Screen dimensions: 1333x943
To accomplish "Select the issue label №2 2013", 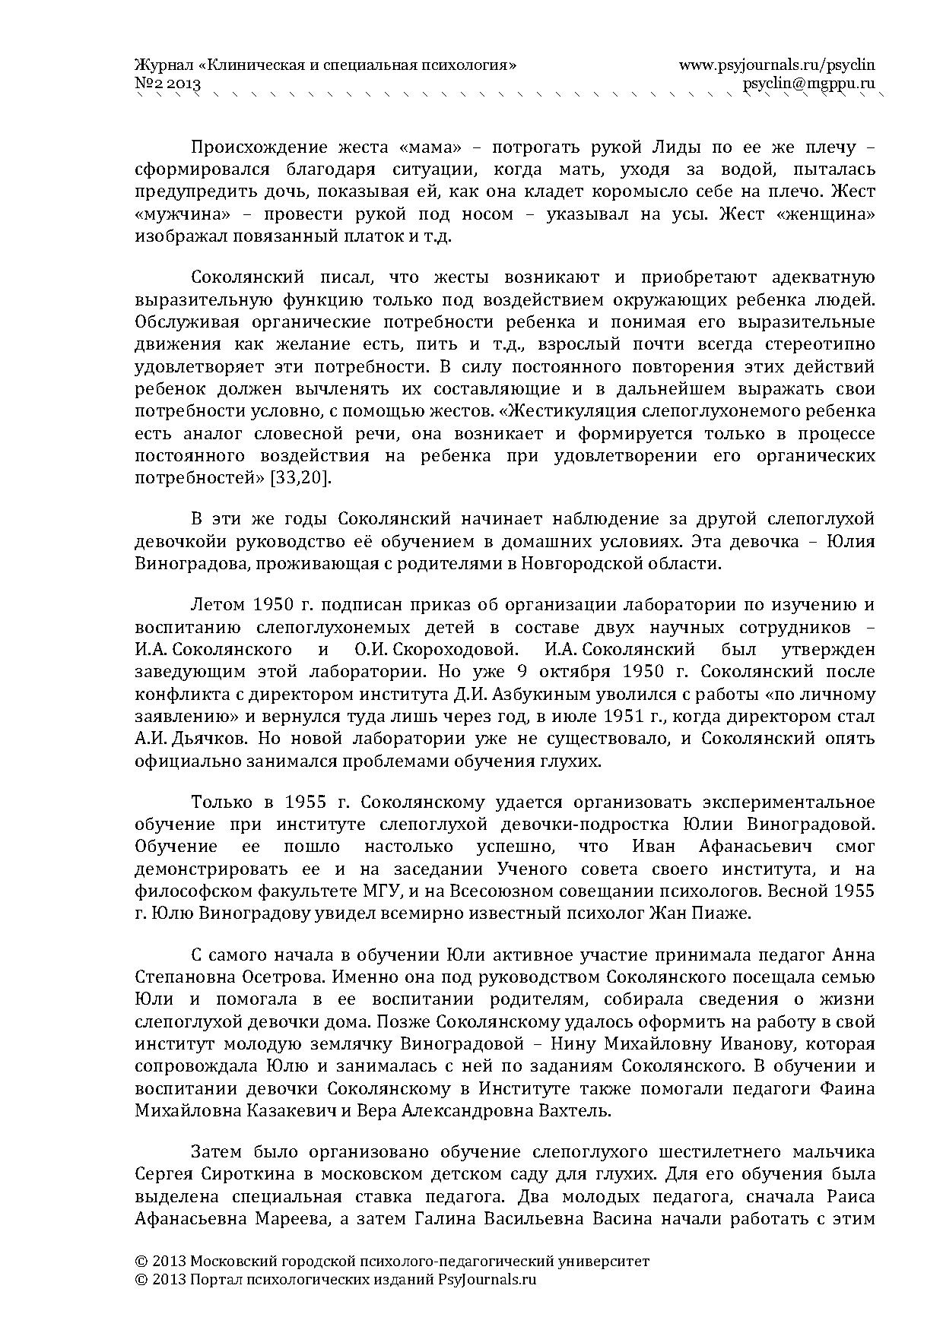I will pos(167,84).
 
